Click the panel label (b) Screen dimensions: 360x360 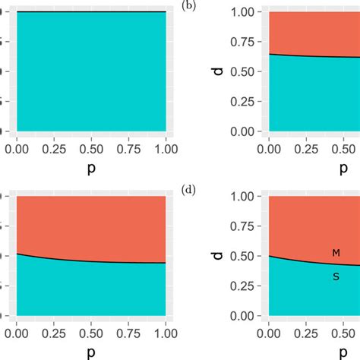click(188, 5)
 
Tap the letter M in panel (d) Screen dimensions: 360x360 click(336, 253)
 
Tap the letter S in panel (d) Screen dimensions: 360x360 click(336, 277)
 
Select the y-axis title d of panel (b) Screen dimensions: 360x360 click(217, 71)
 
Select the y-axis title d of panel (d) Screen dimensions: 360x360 click(217, 256)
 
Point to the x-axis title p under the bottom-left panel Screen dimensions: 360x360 click(90, 351)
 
